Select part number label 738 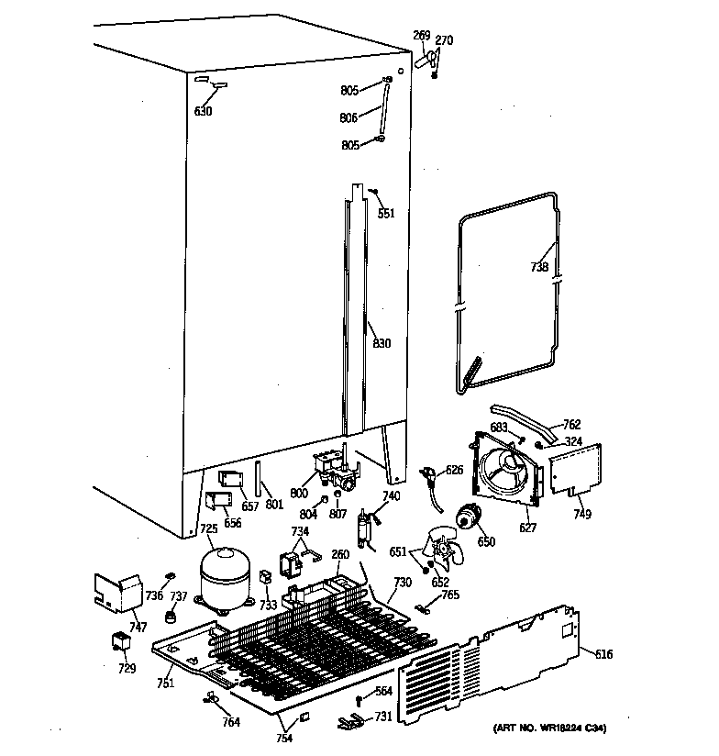539,268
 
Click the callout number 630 203,112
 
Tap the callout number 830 382,344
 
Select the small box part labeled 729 120,642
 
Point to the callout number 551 386,214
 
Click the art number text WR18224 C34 537,728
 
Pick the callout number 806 348,117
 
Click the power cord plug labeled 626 427,474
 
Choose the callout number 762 571,425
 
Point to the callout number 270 444,40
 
